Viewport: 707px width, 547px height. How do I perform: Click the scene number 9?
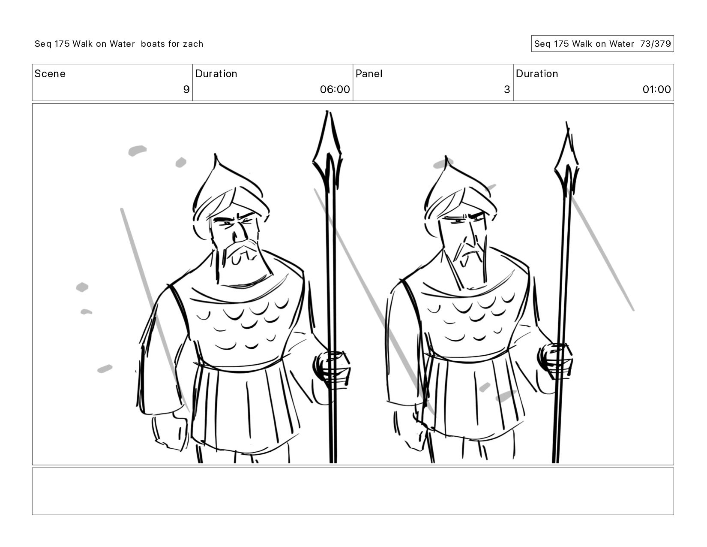coord(186,89)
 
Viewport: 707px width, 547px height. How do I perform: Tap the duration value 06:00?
coord(335,89)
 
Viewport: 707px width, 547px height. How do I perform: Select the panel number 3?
coord(507,89)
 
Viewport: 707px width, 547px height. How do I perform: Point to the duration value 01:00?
coord(656,89)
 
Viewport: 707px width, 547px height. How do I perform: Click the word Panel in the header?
coord(368,74)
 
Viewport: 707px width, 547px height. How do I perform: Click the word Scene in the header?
coord(50,74)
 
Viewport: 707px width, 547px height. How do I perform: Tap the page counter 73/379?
coord(655,44)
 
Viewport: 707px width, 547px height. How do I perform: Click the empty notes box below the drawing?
coord(353,492)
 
